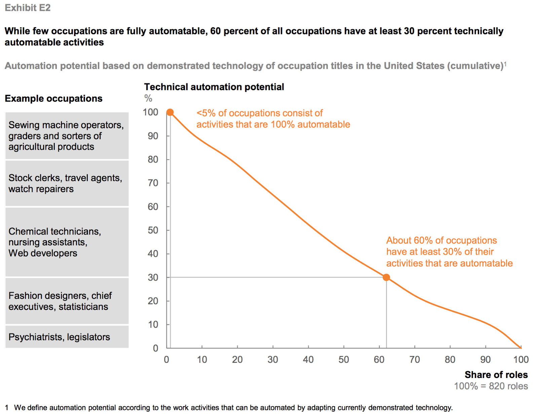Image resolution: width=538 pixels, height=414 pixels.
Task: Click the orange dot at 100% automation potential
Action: [x=170, y=112]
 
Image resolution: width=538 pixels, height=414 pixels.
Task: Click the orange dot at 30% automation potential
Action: [x=386, y=277]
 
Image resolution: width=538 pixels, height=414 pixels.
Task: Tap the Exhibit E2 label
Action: [x=28, y=8]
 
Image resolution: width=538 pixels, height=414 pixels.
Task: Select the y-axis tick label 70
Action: [x=153, y=183]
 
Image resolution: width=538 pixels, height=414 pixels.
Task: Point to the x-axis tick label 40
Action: [x=308, y=359]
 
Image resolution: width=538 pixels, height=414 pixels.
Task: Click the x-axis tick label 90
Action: [x=485, y=359]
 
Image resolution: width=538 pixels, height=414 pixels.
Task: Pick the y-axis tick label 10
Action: [x=153, y=324]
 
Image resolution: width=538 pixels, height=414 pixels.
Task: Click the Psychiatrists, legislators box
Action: [x=67, y=337]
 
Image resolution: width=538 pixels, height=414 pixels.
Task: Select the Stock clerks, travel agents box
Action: [x=67, y=183]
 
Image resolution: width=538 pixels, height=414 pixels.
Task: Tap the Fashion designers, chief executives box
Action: [x=67, y=301]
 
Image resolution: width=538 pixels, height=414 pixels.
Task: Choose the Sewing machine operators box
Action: [x=67, y=136]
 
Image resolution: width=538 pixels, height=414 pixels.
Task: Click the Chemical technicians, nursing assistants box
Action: [x=67, y=242]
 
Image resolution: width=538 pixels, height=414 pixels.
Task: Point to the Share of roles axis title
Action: [x=496, y=375]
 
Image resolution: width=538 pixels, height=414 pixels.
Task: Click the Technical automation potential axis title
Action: [x=214, y=87]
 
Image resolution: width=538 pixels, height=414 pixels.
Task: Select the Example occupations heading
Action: [x=53, y=98]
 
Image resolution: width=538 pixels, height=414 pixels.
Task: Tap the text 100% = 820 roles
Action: [x=491, y=386]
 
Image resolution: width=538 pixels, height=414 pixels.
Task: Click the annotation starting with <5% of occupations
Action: [x=273, y=119]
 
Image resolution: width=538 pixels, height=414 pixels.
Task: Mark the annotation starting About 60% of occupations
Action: [x=449, y=252]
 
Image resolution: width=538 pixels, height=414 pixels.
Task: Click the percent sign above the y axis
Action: [x=148, y=98]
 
